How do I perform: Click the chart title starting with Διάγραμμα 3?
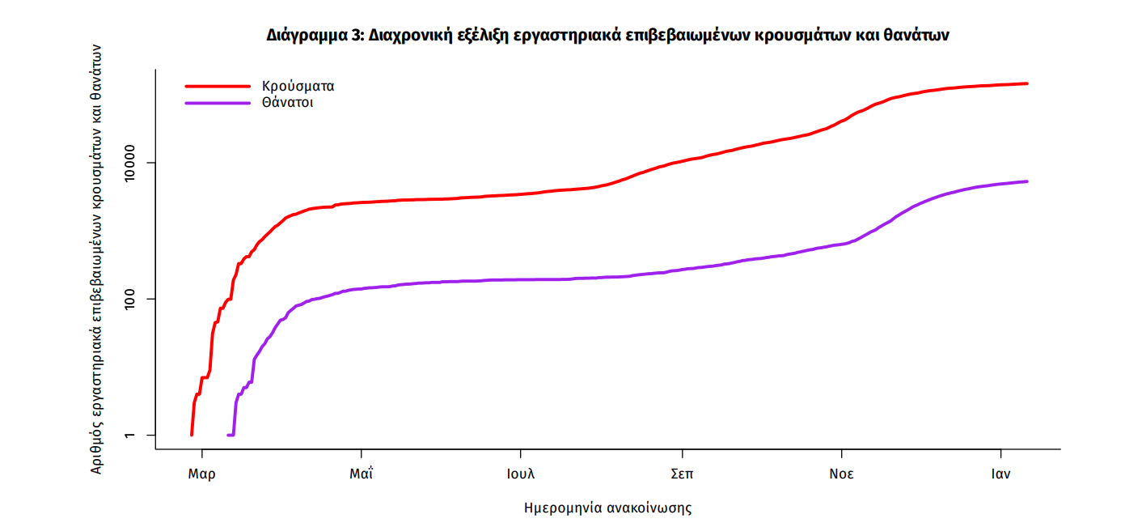[607, 36]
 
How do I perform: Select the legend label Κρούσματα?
[298, 86]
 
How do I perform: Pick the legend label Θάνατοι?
[287, 103]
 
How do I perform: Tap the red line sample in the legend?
[218, 86]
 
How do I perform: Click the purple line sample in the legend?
[218, 103]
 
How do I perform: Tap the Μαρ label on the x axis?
[201, 474]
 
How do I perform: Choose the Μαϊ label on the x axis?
[361, 474]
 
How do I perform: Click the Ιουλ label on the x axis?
[521, 474]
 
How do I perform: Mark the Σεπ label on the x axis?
[682, 474]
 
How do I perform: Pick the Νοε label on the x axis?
[841, 474]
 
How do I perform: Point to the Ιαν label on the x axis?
[1001, 474]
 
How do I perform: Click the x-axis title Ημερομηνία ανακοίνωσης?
[608, 508]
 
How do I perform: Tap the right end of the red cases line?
[1026, 83]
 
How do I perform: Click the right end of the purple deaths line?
[1026, 181]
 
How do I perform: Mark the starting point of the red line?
[192, 435]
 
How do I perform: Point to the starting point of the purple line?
[229, 436]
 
